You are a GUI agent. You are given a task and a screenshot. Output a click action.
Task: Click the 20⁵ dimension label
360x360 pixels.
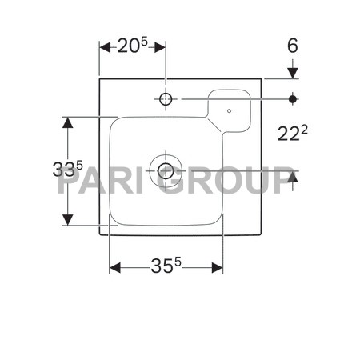click(132, 46)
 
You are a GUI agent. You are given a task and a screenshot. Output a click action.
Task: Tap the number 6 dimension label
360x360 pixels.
click(293, 46)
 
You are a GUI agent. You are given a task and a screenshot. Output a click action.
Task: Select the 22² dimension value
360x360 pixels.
click(293, 133)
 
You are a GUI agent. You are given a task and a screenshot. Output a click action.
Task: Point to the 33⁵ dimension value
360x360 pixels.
click(68, 169)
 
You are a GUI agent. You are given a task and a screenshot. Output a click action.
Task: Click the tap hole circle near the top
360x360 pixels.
click(166, 99)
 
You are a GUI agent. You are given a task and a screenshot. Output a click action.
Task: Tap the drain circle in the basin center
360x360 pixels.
click(166, 171)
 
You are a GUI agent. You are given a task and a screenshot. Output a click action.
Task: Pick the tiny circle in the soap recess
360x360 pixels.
click(229, 110)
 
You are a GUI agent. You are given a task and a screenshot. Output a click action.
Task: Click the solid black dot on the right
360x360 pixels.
click(293, 99)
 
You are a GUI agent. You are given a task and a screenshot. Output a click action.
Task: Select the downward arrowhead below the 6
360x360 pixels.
click(293, 73)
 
